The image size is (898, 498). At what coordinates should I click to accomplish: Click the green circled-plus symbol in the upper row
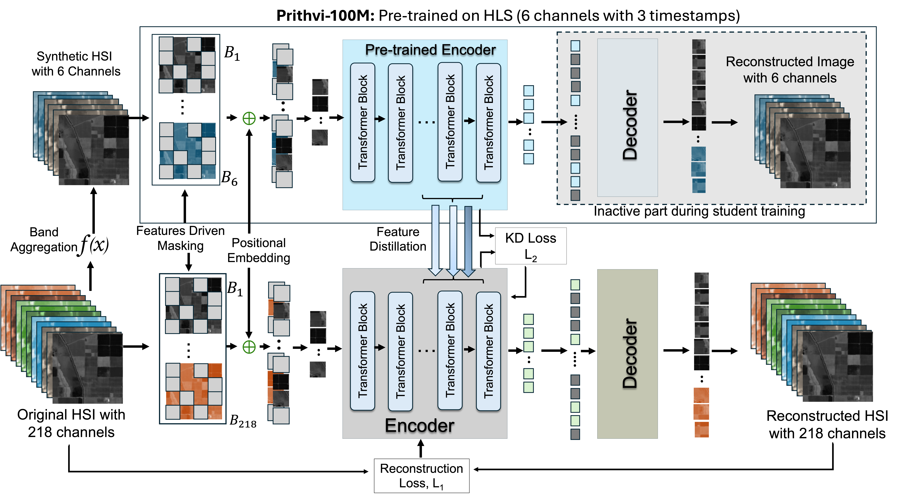(249, 119)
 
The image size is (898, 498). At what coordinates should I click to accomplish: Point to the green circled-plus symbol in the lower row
(249, 347)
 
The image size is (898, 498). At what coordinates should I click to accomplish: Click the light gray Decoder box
(627, 118)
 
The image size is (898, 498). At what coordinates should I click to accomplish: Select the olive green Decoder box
(627, 354)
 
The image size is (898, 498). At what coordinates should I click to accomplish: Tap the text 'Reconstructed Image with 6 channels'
(790, 70)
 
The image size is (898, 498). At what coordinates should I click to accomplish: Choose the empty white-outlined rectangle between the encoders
(531, 246)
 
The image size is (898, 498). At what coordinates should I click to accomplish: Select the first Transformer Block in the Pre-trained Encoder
(363, 122)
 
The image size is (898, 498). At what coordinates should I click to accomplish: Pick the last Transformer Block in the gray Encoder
(488, 351)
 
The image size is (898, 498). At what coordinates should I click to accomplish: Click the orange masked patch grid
(194, 391)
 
